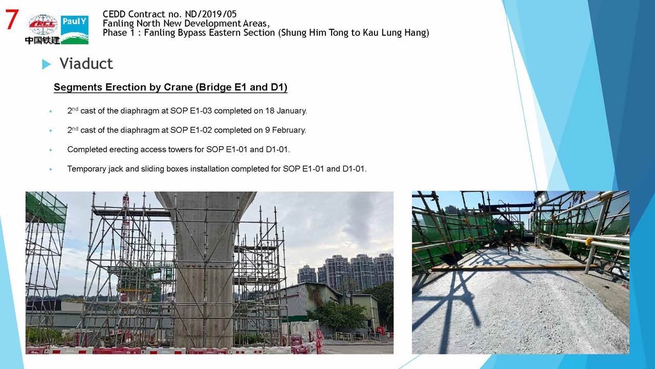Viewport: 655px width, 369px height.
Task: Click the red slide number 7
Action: [12, 19]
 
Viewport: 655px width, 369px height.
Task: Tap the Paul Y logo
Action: [75, 30]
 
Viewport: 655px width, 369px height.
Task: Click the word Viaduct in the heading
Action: [86, 64]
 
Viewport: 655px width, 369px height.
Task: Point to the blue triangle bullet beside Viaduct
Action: [46, 64]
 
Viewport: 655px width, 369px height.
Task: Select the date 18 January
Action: [286, 111]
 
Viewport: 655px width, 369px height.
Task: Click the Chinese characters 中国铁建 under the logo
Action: [42, 40]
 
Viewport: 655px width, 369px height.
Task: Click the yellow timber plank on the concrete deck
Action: [515, 268]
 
